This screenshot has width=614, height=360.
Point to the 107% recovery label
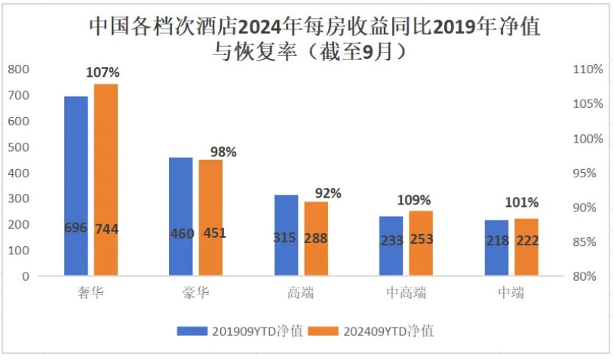(x=104, y=73)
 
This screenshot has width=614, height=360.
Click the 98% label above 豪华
(x=223, y=152)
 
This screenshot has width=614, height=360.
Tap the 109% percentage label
(x=414, y=201)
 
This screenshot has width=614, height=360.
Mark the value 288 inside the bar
(x=316, y=237)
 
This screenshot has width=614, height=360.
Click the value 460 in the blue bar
(x=182, y=233)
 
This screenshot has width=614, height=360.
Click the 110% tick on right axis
(x=588, y=69)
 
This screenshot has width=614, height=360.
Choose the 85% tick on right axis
(x=588, y=242)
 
